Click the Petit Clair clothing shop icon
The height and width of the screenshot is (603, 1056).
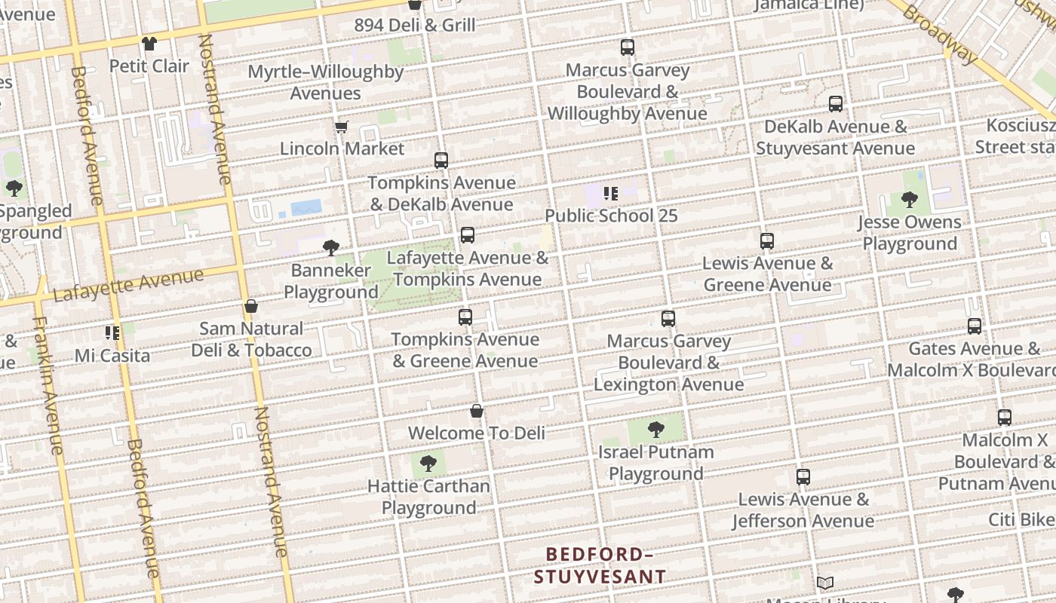pos(149,44)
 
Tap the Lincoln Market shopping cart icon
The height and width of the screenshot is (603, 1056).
pos(341,127)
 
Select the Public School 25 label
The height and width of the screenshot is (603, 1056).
pos(611,216)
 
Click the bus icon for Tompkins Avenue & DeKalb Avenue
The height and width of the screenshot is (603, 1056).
pos(441,161)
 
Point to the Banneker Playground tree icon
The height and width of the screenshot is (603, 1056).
pos(330,247)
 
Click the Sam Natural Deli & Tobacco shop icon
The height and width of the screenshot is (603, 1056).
pos(251,306)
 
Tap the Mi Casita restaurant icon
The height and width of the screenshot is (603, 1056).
pos(113,332)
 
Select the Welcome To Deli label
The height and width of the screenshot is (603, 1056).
pos(476,433)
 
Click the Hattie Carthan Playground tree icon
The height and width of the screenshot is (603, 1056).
pos(428,463)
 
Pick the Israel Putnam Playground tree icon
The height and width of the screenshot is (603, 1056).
pos(656,430)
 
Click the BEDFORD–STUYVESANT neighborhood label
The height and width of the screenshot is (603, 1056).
pos(600,565)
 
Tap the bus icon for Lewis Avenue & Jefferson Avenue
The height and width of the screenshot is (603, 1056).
pos(803,477)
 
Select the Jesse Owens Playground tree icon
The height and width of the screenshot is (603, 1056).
pos(910,200)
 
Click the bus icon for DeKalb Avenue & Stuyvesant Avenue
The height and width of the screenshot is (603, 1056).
pos(836,104)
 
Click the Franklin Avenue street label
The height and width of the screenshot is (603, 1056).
pos(47,384)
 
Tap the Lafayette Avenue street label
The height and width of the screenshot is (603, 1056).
pos(128,285)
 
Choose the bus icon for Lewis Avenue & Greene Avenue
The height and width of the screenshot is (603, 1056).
pos(767,241)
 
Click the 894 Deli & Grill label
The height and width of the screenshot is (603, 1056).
pos(415,25)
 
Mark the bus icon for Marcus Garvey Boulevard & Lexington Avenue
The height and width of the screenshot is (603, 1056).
pos(668,319)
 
